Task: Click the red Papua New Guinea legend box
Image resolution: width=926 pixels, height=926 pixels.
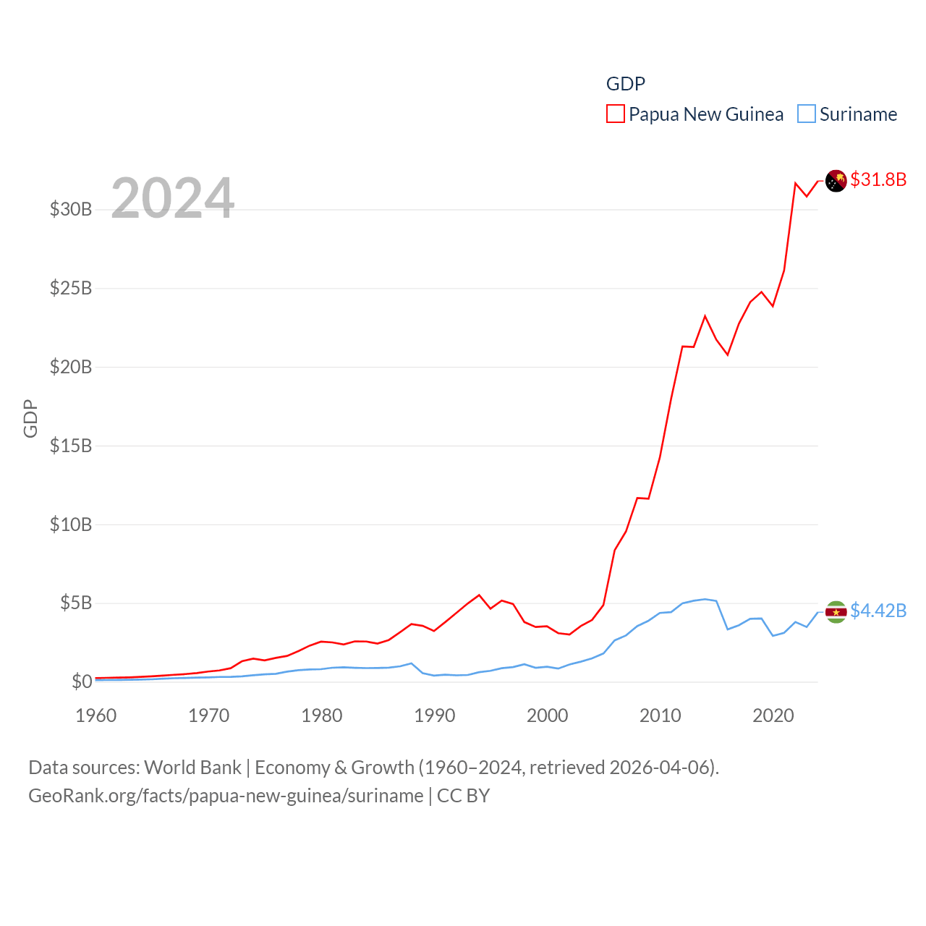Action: [x=615, y=114]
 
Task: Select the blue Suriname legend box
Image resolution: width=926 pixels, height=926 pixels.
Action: [x=806, y=114]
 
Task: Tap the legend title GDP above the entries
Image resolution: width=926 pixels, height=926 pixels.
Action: [x=625, y=84]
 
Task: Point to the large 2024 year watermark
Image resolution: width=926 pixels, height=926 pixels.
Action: [x=172, y=198]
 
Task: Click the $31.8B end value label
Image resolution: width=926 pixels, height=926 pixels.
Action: [x=878, y=179]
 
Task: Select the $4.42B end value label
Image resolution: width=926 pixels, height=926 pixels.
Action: [x=878, y=611]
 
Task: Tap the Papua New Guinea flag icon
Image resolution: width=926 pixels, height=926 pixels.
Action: [x=836, y=180]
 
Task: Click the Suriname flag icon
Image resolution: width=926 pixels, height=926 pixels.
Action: [x=836, y=611]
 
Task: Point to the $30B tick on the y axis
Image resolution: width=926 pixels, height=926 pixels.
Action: [x=71, y=210]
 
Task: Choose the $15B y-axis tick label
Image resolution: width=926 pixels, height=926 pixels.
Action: [x=71, y=446]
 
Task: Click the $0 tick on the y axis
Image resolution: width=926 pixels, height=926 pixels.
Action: [x=82, y=681]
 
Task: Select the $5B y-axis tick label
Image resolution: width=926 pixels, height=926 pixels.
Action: [x=76, y=603]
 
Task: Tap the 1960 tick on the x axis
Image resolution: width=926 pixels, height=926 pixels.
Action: [x=96, y=715]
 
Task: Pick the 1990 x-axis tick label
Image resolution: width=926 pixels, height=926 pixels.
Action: [x=435, y=715]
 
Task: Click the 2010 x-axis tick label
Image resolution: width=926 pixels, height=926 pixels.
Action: [x=660, y=715]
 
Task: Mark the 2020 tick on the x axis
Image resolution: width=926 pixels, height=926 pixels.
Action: [x=773, y=715]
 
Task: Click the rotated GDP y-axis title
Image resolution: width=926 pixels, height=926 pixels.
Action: [x=30, y=418]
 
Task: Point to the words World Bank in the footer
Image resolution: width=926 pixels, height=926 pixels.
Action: [x=192, y=767]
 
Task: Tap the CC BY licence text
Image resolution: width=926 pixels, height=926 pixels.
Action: [x=463, y=796]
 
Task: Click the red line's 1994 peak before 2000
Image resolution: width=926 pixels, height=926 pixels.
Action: [x=479, y=595]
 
